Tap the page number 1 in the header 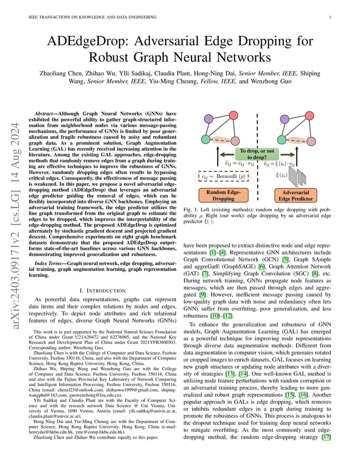[330, 17]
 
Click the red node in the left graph [233, 115]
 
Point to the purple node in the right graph [285, 119]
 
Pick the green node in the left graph [205, 139]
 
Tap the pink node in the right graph [311, 141]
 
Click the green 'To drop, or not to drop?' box [257, 154]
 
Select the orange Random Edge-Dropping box [223, 195]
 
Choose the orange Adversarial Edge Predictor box [296, 196]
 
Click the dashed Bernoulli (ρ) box [223, 176]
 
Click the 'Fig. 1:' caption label [190, 210]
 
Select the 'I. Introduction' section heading [103, 291]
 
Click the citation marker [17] [327, 437]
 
